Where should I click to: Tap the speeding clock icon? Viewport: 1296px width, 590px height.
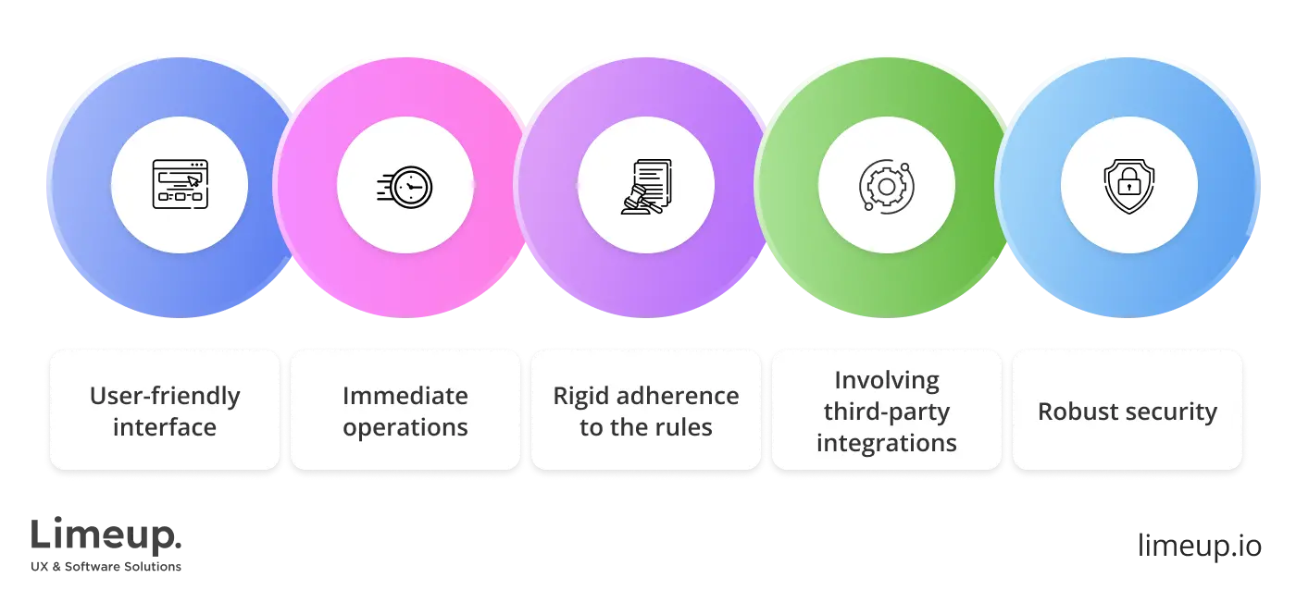pyautogui.click(x=405, y=186)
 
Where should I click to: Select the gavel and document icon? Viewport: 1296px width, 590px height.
pyautogui.click(x=646, y=187)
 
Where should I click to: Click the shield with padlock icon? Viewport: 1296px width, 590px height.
pyautogui.click(x=1128, y=188)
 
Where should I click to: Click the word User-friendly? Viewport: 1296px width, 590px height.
pyautogui.click(x=165, y=397)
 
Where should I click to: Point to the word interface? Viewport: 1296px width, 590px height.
pyautogui.click(x=165, y=428)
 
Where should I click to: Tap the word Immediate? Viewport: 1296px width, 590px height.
pyautogui.click(x=405, y=397)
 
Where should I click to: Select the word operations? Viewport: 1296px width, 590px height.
pyautogui.click(x=405, y=428)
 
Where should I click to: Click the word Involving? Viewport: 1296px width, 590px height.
pyautogui.click(x=887, y=380)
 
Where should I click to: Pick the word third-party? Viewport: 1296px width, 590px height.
pyautogui.click(x=887, y=412)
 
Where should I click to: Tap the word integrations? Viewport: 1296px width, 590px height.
pyautogui.click(x=887, y=443)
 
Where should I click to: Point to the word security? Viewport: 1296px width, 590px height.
pyautogui.click(x=1172, y=412)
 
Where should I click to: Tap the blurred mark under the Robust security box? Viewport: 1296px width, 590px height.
pyautogui.click(x=1198, y=547)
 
